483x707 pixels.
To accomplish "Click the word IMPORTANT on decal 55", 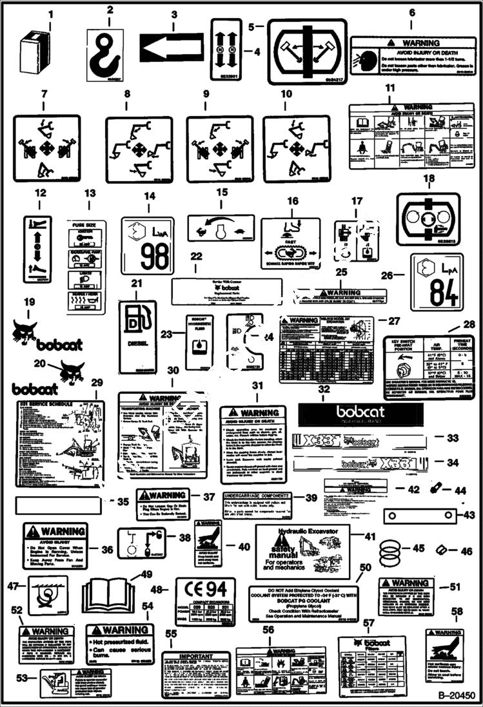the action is [x=195, y=656].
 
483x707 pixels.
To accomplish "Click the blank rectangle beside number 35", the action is [x=57, y=503].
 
